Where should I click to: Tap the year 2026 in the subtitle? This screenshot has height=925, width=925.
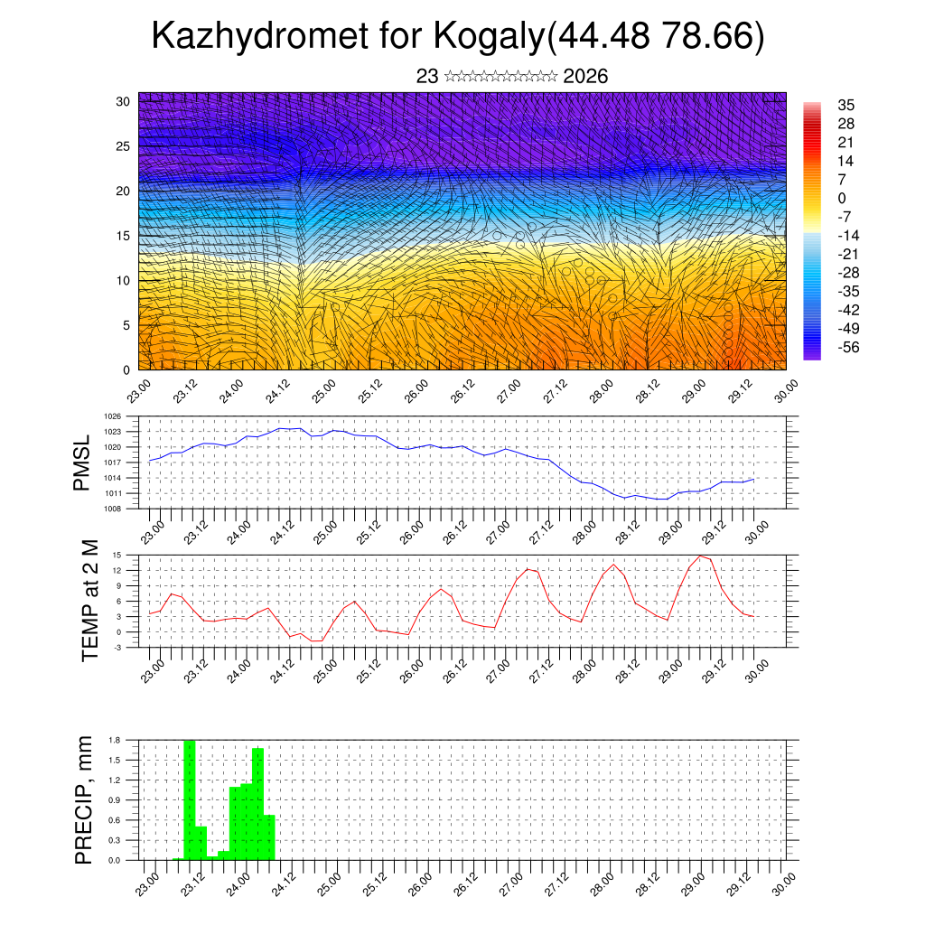point(585,77)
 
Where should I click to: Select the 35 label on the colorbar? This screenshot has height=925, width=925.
point(846,105)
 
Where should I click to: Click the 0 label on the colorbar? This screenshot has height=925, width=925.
point(842,198)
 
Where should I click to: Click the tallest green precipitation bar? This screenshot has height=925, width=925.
point(190,799)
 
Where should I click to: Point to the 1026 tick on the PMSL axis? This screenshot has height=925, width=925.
point(113,416)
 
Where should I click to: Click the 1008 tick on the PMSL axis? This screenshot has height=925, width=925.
point(113,509)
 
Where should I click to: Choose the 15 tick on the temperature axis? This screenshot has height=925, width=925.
point(117,555)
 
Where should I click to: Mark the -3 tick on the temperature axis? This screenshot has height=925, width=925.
point(117,647)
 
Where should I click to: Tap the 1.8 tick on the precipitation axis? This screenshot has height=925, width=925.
point(115,740)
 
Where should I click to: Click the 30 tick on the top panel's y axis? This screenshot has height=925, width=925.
point(124,100)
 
